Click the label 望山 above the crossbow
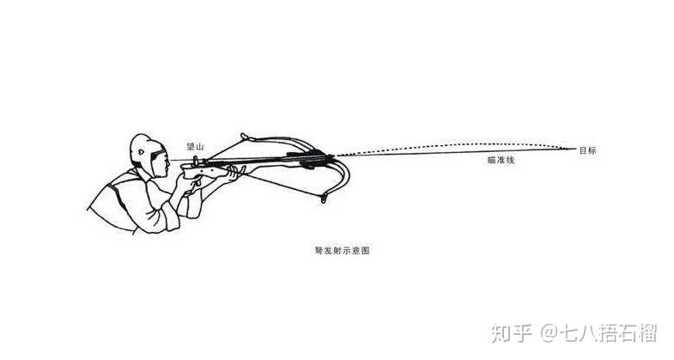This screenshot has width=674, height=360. click(196, 147)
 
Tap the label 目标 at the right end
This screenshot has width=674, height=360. click(587, 151)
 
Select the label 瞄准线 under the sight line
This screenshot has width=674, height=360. click(499, 161)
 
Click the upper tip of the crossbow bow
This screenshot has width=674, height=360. click(244, 135)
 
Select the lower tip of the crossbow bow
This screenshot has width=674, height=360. click(325, 200)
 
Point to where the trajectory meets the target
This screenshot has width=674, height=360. click(574, 149)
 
